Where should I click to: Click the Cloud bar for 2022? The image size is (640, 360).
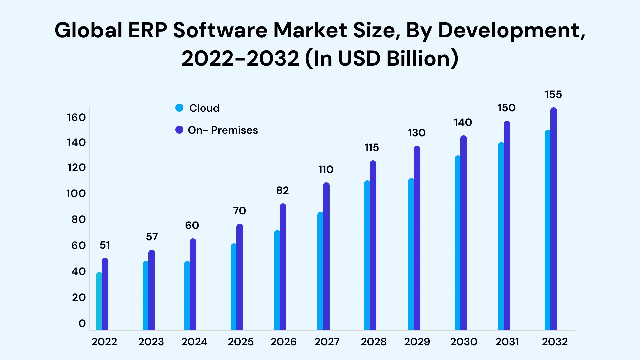[x=99, y=302]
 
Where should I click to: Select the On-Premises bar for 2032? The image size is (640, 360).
[x=554, y=220]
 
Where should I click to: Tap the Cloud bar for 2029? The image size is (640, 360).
[x=411, y=255]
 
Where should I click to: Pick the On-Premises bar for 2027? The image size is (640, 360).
[x=326, y=257]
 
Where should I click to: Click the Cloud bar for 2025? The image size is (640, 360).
[x=234, y=287]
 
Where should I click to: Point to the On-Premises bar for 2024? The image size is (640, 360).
[x=193, y=285]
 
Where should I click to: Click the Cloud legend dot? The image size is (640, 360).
[x=179, y=108]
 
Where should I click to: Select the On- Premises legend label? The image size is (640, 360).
[x=223, y=130]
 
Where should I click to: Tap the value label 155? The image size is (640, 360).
[x=553, y=95]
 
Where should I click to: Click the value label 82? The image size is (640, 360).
[x=282, y=191]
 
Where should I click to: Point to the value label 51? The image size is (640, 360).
[x=105, y=245]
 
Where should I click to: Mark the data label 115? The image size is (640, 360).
[x=372, y=148]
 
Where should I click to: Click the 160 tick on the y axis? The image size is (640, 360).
[x=76, y=117]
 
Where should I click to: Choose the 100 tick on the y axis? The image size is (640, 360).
[x=76, y=193]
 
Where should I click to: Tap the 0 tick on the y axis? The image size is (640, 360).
[x=82, y=323]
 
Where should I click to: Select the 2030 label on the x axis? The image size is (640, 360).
[x=464, y=342]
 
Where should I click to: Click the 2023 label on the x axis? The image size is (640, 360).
[x=151, y=342]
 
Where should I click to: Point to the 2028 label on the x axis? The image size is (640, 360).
[x=374, y=342]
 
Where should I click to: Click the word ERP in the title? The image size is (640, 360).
[x=147, y=30]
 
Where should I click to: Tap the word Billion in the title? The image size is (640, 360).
[x=422, y=58]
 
